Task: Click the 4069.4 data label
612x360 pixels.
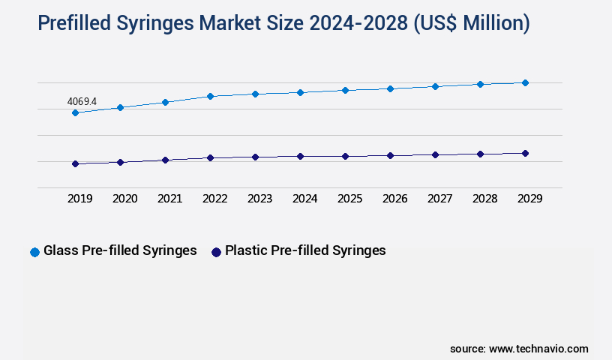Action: point(82,100)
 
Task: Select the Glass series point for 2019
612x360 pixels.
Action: point(75,112)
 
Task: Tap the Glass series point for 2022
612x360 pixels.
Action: point(210,96)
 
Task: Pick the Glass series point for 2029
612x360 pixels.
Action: point(525,82)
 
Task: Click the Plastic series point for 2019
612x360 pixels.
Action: point(75,163)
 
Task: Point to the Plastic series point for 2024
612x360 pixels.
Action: point(300,156)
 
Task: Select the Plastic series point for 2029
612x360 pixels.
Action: point(525,153)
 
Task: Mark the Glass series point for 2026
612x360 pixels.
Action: point(390,88)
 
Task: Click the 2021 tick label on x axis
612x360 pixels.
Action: point(169,199)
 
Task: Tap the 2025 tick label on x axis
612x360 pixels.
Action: point(349,199)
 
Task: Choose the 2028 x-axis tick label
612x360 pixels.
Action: point(484,199)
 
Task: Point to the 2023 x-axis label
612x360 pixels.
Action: point(259,199)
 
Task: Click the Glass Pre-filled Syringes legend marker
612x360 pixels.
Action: point(34,252)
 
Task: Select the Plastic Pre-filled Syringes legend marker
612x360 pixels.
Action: point(216,252)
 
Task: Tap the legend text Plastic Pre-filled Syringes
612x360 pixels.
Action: point(305,250)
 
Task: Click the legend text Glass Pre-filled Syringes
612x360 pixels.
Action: point(120,250)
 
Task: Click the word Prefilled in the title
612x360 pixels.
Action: point(81,24)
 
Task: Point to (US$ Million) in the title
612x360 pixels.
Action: point(472,24)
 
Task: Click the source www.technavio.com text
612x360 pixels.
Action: point(519,349)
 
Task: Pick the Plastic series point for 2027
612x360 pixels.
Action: point(435,154)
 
